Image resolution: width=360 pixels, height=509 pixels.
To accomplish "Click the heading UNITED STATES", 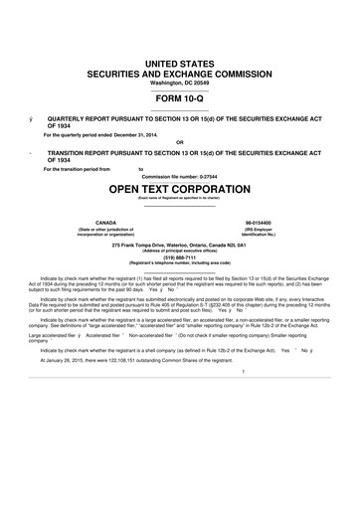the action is (x=180, y=64).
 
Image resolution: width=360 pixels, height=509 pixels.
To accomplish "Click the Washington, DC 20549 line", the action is (x=180, y=83).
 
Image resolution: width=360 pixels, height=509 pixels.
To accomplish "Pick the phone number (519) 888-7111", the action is (x=180, y=255).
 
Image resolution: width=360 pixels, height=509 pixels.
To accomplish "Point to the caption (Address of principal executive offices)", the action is (x=180, y=250).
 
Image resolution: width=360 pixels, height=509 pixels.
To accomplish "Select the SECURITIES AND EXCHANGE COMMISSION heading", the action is (x=180, y=74).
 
